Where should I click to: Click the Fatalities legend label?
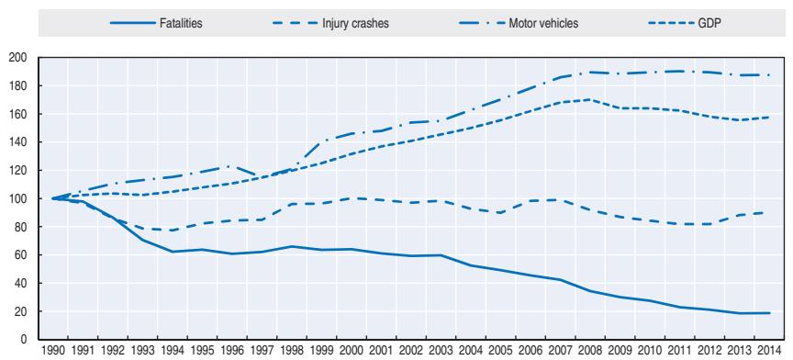tap(180, 23)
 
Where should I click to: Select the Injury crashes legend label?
tap(355, 23)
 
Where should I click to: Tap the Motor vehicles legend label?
tap(543, 23)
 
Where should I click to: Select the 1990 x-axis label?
tap(52, 352)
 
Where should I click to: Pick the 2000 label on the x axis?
tap(351, 352)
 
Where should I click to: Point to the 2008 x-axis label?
tap(590, 352)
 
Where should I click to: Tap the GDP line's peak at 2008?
tap(589, 99)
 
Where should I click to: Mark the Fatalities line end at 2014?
tap(769, 313)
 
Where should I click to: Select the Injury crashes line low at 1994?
tap(172, 231)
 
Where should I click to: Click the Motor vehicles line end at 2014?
tap(769, 75)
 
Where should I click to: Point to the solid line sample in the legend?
tap(131, 23)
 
